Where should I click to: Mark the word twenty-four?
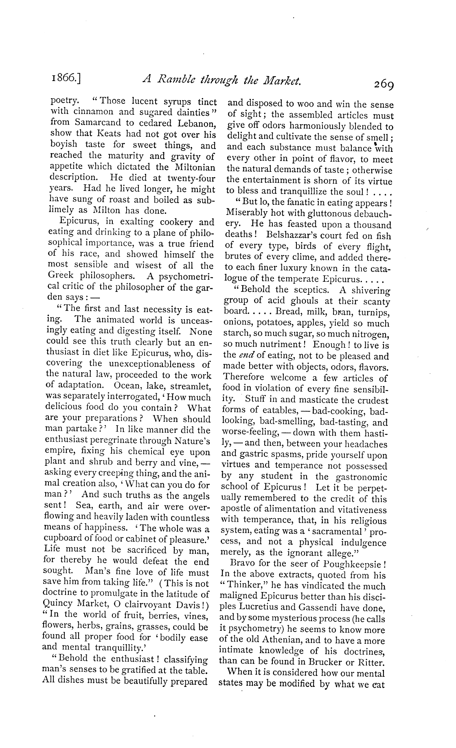pyautogui.click(x=192, y=178)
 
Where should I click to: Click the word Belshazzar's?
pyautogui.click(x=293, y=235)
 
